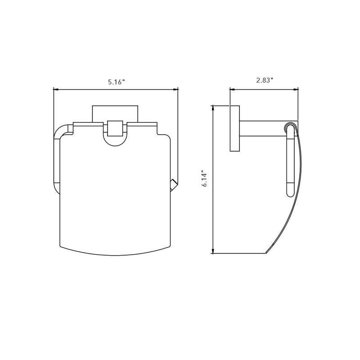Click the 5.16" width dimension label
116,82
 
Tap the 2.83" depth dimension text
265,81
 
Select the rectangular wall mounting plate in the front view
116,113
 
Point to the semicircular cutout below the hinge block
116,141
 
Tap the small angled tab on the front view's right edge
173,184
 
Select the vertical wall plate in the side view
235,129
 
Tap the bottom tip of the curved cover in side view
269,252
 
